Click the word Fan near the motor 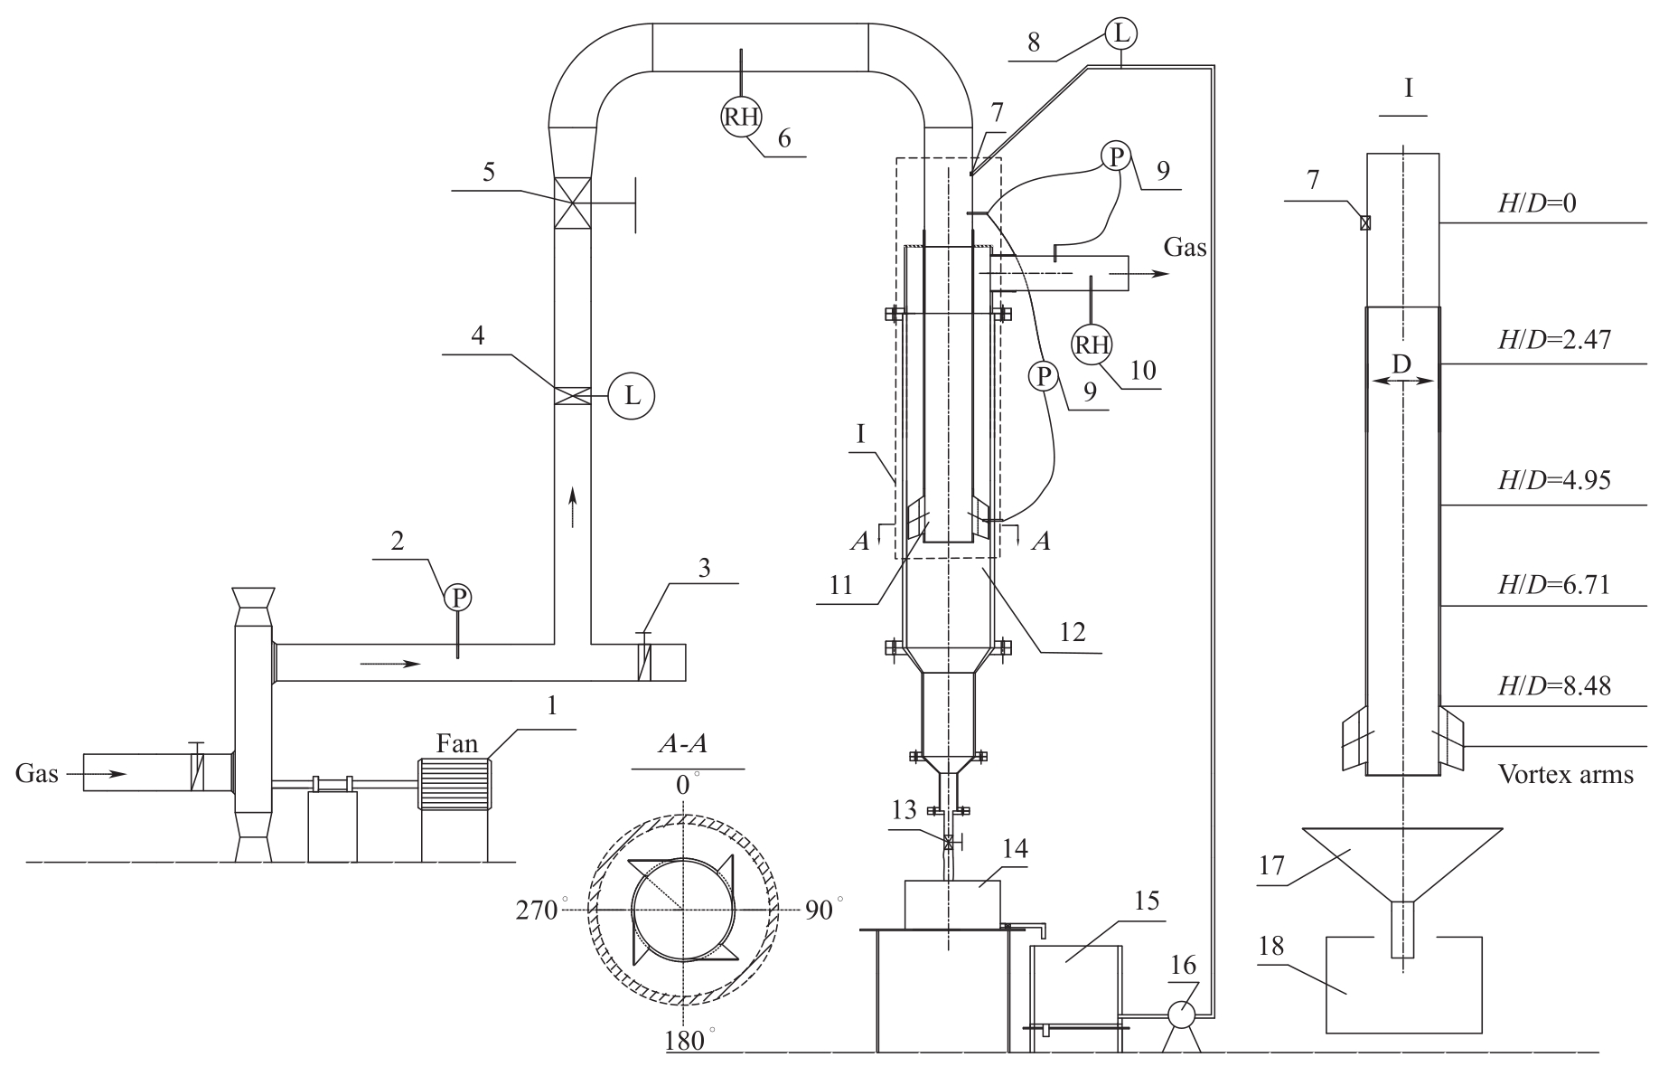point(456,743)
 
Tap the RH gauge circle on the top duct point(740,117)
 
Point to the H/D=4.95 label point(1554,479)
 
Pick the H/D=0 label point(1537,203)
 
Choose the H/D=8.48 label point(1554,686)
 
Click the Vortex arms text point(1566,774)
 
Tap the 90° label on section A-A point(823,909)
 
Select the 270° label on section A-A point(541,909)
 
